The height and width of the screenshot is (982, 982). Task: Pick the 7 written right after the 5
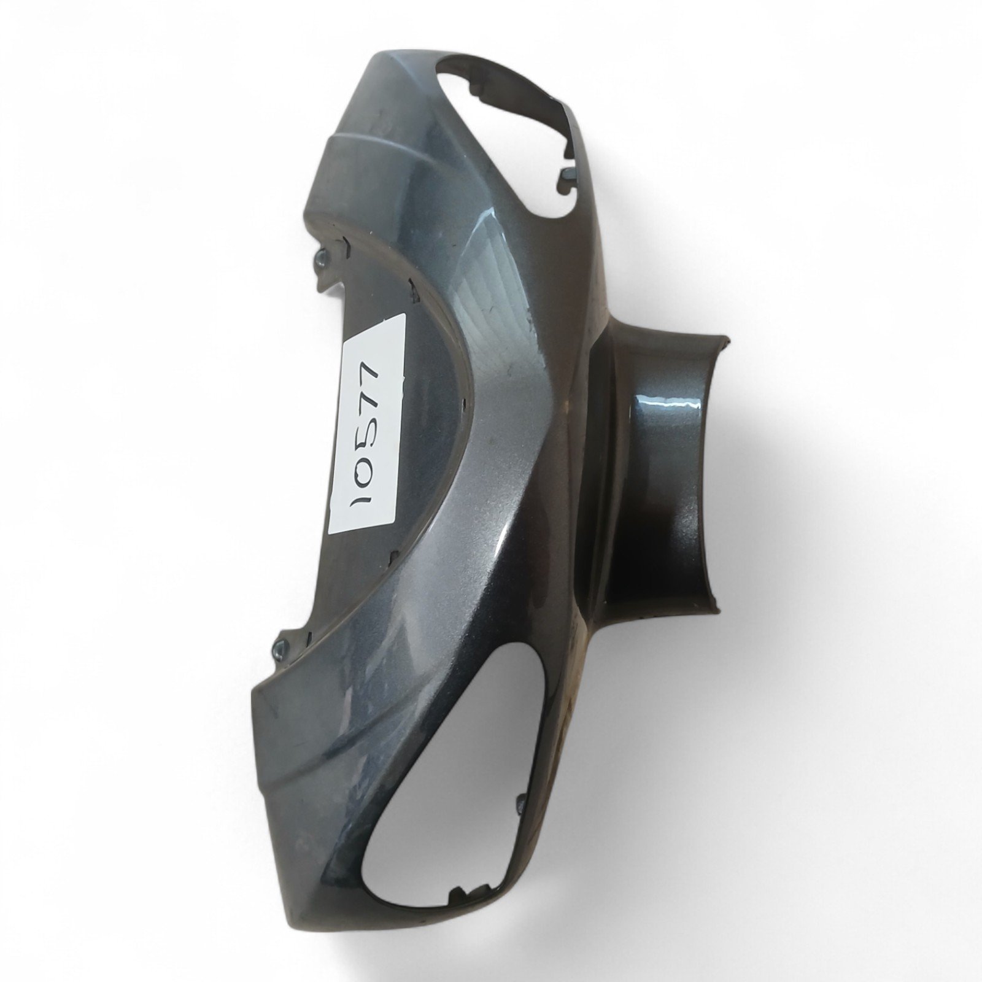[x=371, y=402]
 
